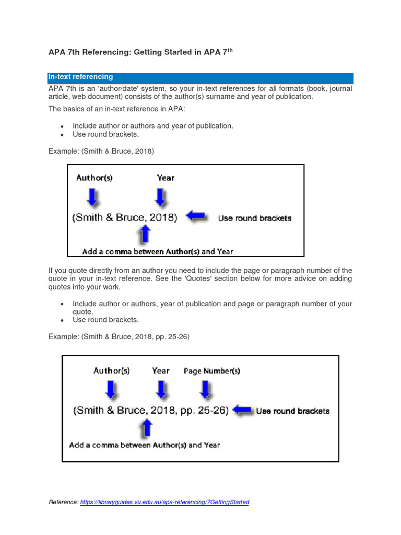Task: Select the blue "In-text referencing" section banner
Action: tap(200, 77)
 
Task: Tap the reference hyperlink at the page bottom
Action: tap(164, 502)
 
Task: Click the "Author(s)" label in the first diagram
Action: tap(94, 178)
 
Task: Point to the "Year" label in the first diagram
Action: tap(166, 178)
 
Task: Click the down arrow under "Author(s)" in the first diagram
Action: tap(92, 197)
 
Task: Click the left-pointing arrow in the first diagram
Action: tap(196, 216)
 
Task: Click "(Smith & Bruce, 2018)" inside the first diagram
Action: tap(125, 217)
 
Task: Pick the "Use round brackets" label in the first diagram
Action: tap(255, 218)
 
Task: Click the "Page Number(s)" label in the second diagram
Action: tap(212, 371)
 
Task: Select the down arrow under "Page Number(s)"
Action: tap(206, 389)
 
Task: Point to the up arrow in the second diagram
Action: tap(147, 428)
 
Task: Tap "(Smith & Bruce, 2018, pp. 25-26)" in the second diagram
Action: tap(151, 411)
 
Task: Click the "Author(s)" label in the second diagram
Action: tap(111, 371)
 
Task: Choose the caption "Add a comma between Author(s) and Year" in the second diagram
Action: tap(145, 445)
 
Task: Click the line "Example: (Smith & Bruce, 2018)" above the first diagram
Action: tap(101, 151)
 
